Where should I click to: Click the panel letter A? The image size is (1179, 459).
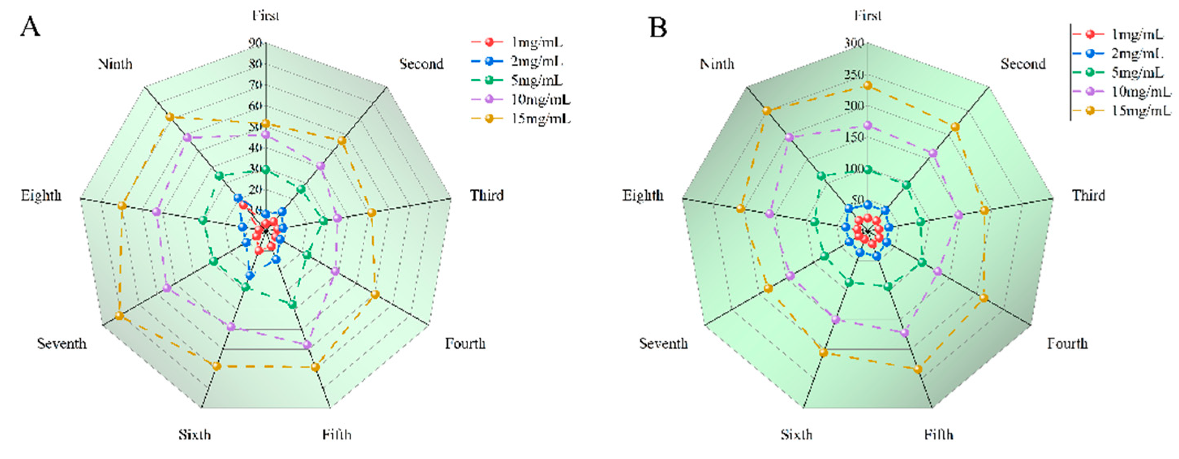[30, 27]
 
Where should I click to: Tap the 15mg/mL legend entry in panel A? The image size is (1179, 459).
[540, 119]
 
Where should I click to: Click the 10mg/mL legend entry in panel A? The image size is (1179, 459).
[540, 99]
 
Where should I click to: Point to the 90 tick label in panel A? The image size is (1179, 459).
[255, 43]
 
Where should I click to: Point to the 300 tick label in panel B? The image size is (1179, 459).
[854, 43]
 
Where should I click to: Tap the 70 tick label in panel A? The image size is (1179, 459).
[255, 85]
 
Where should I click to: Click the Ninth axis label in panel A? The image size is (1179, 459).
[115, 64]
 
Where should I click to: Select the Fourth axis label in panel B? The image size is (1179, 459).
[1067, 343]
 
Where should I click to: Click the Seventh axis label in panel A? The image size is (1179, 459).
[62, 343]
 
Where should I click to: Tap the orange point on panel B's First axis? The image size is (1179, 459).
[867, 86]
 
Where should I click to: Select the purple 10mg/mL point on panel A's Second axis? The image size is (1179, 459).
[321, 166]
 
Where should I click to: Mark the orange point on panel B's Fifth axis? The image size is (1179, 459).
[918, 369]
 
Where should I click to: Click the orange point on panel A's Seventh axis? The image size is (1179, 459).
[119, 316]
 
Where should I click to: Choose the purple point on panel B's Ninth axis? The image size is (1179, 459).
[789, 137]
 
